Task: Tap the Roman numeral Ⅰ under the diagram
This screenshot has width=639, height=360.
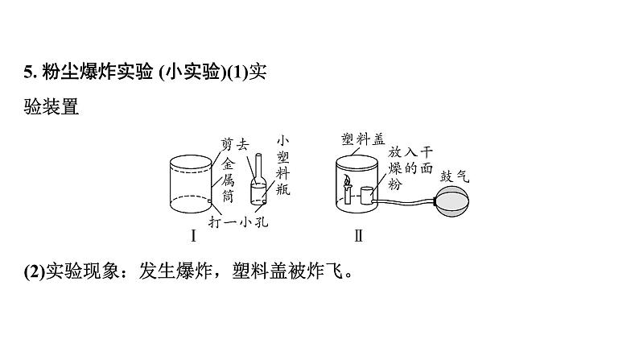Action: coord(193,236)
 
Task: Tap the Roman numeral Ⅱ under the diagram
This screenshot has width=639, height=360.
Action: coord(359,236)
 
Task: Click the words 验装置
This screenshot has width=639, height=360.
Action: coord(52,106)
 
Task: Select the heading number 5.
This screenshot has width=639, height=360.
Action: coord(28,73)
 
